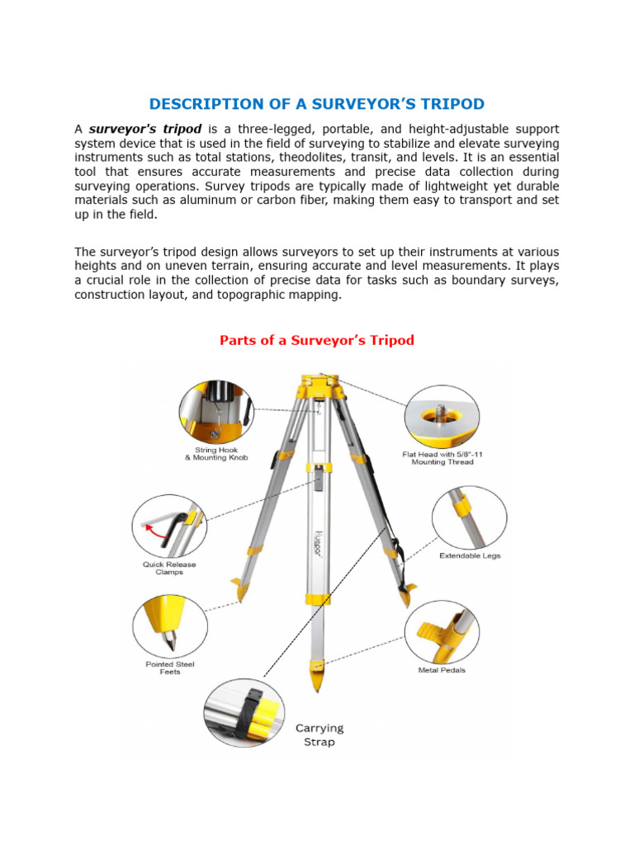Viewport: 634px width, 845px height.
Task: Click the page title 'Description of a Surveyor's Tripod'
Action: coord(316,104)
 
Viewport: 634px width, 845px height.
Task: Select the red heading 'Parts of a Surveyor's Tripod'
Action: coord(316,340)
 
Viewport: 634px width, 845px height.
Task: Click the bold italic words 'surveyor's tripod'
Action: coord(145,130)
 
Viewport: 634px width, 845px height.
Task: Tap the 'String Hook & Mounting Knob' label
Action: coord(216,454)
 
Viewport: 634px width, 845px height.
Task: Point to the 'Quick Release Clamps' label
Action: coord(168,569)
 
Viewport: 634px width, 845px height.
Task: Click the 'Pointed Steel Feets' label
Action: coord(169,668)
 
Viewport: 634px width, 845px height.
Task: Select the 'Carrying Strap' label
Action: coord(319,734)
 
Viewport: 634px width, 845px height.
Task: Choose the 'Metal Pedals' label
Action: coord(442,670)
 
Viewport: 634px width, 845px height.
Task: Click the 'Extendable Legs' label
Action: coord(470,556)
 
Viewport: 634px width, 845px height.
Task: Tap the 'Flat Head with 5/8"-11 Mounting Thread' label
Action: coord(438,458)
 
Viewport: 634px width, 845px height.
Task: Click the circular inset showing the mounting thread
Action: coord(442,416)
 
